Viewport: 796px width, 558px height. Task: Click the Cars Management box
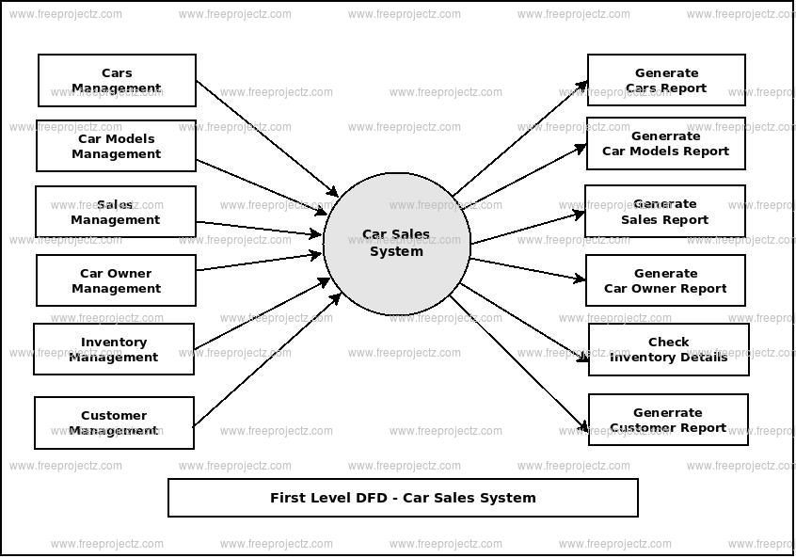[x=117, y=80]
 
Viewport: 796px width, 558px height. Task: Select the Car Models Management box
[x=117, y=146]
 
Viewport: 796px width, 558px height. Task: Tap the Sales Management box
[x=116, y=212]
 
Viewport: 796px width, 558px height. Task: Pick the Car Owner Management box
[x=116, y=280]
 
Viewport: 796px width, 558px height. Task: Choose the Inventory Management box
[x=114, y=349]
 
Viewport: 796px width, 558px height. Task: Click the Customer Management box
[x=114, y=422]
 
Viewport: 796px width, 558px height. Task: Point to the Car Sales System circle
[x=396, y=243]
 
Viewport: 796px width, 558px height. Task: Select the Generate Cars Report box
[x=666, y=80]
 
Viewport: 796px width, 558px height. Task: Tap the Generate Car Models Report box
[x=665, y=143]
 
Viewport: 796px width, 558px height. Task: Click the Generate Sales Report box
[x=664, y=211]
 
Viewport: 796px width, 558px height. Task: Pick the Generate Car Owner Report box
[x=665, y=280]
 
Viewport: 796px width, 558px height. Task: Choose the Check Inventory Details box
[x=668, y=349]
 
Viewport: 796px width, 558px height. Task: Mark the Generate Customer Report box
[x=667, y=420]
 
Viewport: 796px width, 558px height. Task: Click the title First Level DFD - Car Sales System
[x=403, y=498]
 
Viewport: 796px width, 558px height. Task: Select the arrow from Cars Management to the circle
[x=266, y=138]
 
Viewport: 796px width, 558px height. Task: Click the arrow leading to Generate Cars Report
[x=520, y=138]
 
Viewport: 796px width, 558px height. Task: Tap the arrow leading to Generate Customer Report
[x=519, y=363]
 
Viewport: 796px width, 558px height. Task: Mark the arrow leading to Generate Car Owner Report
[x=527, y=269]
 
